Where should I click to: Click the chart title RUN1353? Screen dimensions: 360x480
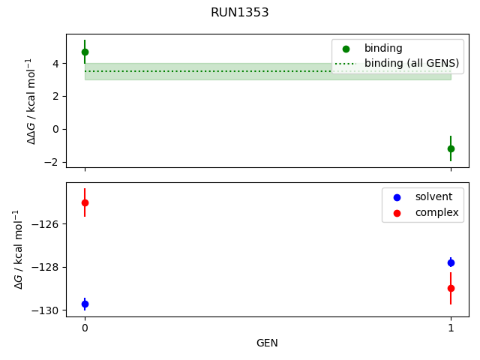(x=240, y=13)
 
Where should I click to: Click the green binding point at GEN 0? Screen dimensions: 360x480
(x=85, y=52)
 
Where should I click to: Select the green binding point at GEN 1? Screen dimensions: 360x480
(x=451, y=148)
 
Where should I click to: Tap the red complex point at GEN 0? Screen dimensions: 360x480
(x=85, y=202)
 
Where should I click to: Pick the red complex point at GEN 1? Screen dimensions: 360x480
(x=451, y=288)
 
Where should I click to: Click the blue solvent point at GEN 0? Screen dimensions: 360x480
(x=85, y=304)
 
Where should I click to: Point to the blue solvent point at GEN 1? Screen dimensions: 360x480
(x=451, y=262)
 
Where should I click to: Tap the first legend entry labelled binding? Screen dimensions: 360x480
(x=382, y=48)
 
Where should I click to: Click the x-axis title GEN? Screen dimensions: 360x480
(x=267, y=343)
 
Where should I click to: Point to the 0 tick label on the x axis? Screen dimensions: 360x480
(x=85, y=328)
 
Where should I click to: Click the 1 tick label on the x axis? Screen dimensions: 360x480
(x=451, y=328)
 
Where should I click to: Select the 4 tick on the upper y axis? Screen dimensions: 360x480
(x=55, y=64)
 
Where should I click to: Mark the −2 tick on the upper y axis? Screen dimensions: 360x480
(x=52, y=162)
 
